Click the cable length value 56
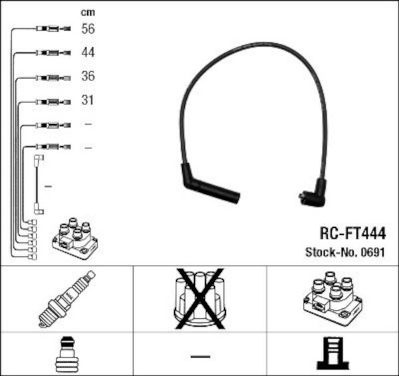[88, 29]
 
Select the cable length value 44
[88, 52]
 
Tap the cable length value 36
[88, 76]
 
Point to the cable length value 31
[88, 100]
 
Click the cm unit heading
[88, 13]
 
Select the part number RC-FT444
[352, 233]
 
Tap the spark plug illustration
[67, 299]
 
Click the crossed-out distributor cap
[200, 298]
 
